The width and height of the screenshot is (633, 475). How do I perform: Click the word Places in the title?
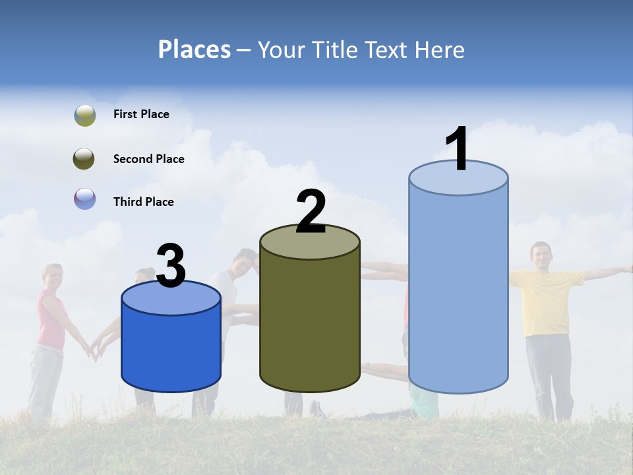tap(194, 49)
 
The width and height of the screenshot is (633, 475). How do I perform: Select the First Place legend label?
tap(141, 114)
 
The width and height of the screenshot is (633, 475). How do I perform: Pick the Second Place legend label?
tap(148, 159)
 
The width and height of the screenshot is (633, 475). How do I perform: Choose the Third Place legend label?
tap(143, 202)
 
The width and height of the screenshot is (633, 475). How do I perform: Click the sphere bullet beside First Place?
tap(84, 115)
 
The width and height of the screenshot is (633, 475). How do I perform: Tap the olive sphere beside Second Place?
tap(84, 159)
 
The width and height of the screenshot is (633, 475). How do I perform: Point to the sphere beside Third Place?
tap(84, 199)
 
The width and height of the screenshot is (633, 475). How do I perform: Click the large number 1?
tap(458, 150)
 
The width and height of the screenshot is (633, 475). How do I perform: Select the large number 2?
tap(311, 212)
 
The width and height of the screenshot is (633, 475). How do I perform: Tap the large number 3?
tap(171, 267)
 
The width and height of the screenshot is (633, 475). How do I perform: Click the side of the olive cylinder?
tap(310, 323)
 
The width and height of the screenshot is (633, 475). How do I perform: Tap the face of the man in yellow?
tap(541, 255)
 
